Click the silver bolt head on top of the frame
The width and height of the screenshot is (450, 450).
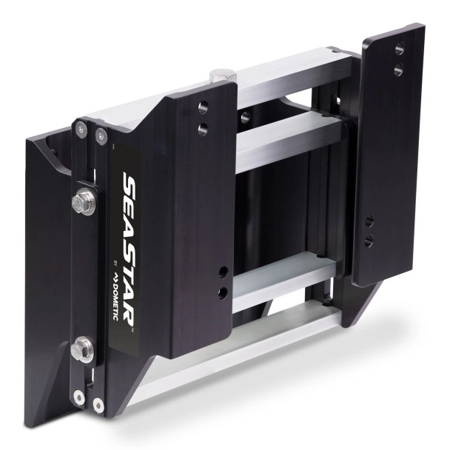[x=224, y=75]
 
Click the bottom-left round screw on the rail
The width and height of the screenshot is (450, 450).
[x=78, y=396]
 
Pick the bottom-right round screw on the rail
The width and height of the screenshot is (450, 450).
[x=98, y=404]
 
